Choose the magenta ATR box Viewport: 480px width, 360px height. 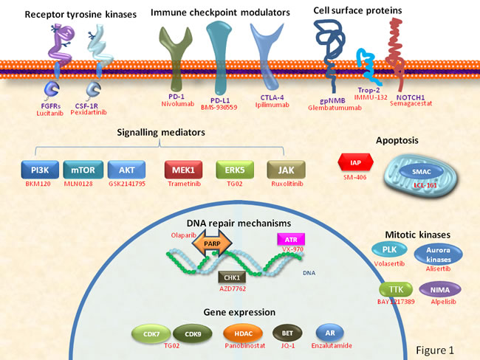[x=289, y=239]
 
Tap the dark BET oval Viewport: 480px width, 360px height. [x=284, y=333]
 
